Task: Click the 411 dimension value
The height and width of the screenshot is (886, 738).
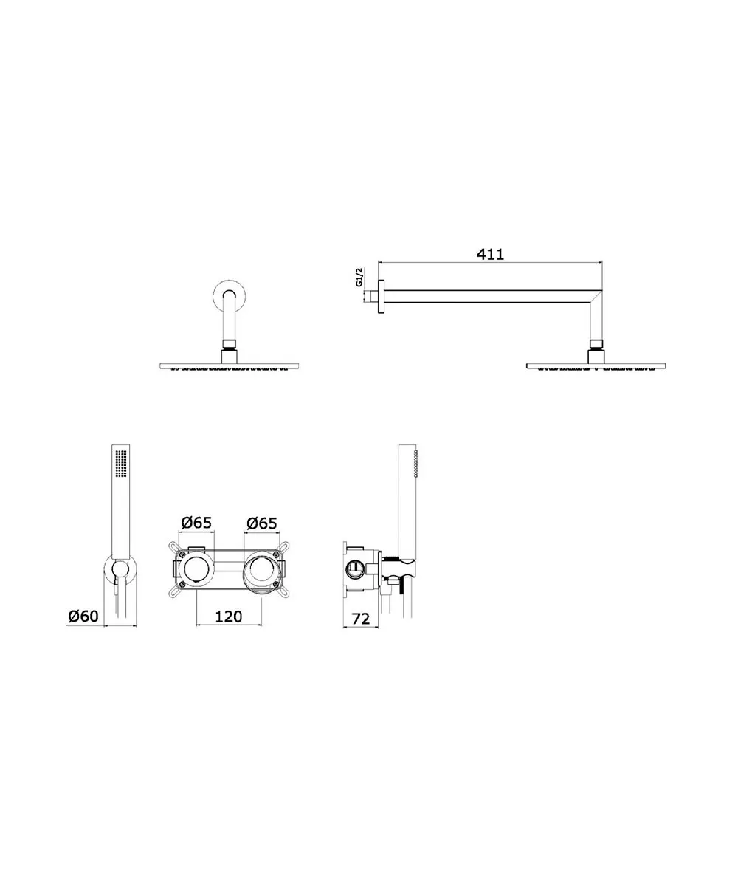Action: (490, 254)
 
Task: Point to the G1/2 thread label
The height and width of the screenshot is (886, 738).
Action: (359, 277)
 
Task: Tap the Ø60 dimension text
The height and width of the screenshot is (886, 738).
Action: (83, 616)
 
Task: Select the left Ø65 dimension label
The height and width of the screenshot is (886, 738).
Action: (196, 522)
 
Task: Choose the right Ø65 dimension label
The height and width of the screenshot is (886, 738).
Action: (262, 523)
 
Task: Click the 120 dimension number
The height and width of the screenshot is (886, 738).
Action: (228, 617)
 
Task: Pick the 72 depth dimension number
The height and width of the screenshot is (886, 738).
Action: (361, 619)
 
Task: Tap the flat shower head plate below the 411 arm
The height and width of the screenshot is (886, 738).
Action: (596, 365)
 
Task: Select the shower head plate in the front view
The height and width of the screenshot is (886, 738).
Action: (230, 365)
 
